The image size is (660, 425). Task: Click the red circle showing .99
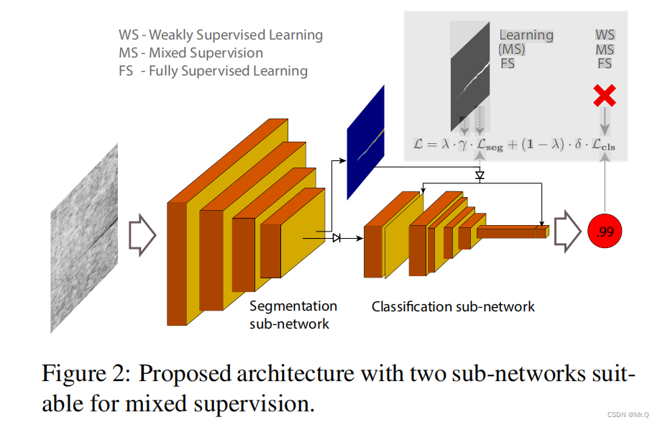(605, 232)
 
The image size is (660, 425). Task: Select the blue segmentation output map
(365, 142)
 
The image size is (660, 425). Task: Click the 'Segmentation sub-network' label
(293, 315)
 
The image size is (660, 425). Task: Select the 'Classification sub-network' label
(453, 307)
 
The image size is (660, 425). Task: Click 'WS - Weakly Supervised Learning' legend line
(221, 35)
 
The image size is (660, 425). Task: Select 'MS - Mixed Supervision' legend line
(191, 52)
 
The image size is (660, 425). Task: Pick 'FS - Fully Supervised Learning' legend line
(214, 70)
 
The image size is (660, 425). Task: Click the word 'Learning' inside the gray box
(526, 35)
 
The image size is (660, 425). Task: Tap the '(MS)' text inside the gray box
(512, 49)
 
